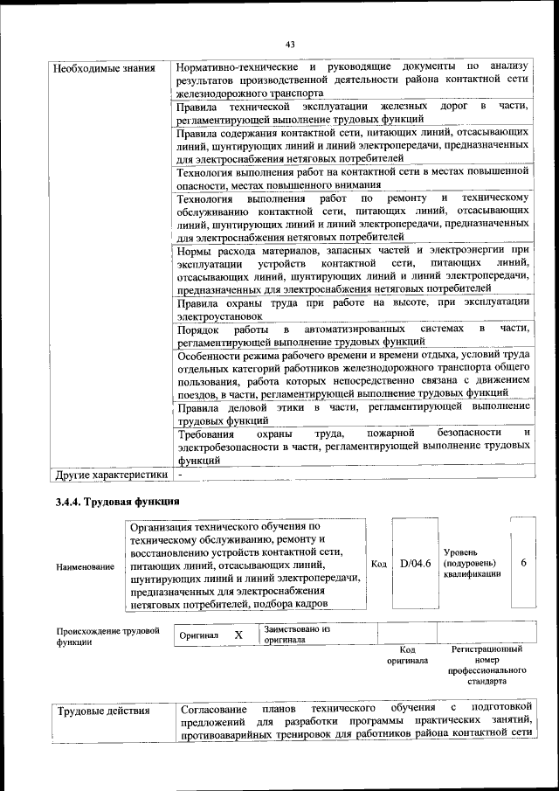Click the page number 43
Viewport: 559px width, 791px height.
point(289,45)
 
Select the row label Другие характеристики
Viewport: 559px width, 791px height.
point(110,475)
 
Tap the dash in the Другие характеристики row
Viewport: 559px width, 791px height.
point(179,475)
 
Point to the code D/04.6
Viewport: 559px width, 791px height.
point(415,564)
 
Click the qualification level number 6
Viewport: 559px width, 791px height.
point(523,563)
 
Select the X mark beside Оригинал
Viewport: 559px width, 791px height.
point(238,635)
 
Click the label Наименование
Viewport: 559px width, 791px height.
point(85,567)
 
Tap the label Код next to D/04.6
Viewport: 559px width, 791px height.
point(379,564)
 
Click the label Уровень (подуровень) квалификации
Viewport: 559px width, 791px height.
point(472,564)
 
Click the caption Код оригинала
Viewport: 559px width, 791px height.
point(406,655)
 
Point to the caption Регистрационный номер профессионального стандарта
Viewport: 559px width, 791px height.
point(487,666)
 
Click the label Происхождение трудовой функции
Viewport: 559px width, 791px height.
point(107,635)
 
